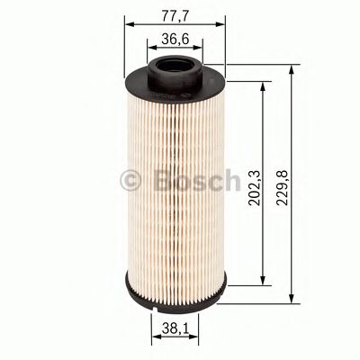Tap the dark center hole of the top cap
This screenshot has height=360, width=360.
coord(174,66)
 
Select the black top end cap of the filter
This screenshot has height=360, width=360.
coord(144,82)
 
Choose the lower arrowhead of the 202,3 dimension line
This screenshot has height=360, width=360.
coord(262,278)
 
